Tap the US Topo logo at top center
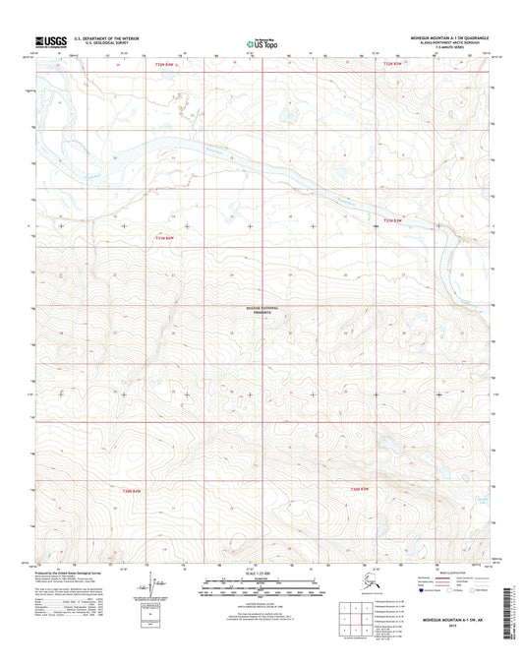click(262, 42)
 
